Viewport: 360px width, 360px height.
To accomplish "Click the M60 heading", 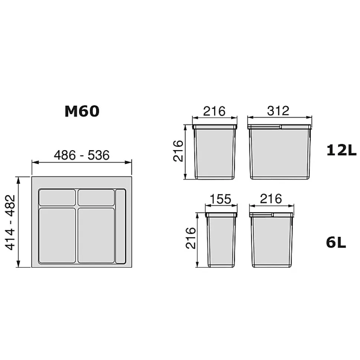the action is (x=82, y=111).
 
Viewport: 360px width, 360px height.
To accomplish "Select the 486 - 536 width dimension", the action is (x=82, y=155).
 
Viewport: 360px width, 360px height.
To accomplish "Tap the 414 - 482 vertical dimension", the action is (x=10, y=222).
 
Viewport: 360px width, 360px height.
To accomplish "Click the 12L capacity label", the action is (x=341, y=151).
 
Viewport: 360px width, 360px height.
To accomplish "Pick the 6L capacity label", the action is (x=336, y=242).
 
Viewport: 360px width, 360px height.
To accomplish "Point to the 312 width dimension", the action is (x=278, y=111).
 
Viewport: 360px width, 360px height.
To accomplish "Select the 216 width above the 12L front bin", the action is (x=215, y=111).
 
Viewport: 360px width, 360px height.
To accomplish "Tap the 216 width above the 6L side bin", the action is (x=271, y=199).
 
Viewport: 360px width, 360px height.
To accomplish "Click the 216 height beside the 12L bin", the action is (x=178, y=151).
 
